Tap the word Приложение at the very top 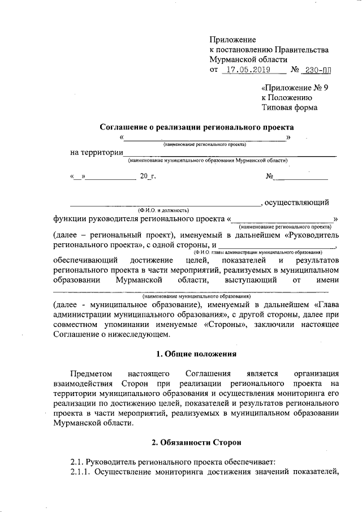[232, 40]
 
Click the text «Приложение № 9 [295, 88]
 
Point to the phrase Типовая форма [289, 107]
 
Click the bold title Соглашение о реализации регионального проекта [197, 128]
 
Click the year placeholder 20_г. [148, 177]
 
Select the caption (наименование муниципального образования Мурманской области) [208, 161]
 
